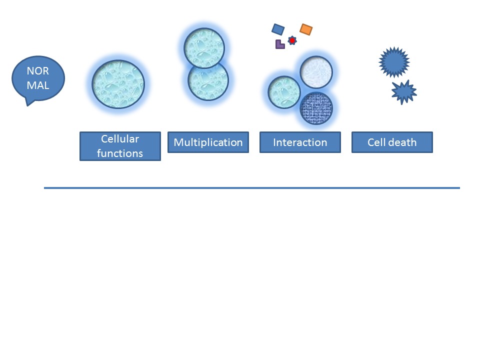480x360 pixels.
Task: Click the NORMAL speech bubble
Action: pyautogui.click(x=38, y=79)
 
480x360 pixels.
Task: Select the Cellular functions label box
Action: pyautogui.click(x=120, y=146)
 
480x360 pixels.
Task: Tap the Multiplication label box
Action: pyautogui.click(x=208, y=142)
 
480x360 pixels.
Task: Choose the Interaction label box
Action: pyautogui.click(x=300, y=142)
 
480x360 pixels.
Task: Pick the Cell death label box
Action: pyautogui.click(x=392, y=142)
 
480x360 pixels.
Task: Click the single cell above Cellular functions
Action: pyautogui.click(x=118, y=84)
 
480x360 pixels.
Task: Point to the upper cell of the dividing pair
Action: pyautogui.click(x=204, y=48)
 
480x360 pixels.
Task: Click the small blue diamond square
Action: pyautogui.click(x=278, y=29)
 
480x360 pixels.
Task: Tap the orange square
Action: pyautogui.click(x=306, y=29)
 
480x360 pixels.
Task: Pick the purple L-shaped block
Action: pyautogui.click(x=279, y=45)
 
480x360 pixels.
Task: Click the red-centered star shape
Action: pyautogui.click(x=292, y=40)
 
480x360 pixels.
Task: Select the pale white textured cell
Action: pyautogui.click(x=316, y=72)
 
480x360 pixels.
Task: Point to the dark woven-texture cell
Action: pyautogui.click(x=316, y=108)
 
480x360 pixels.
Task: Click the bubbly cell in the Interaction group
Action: pyautogui.click(x=284, y=92)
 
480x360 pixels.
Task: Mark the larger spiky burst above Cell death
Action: pyautogui.click(x=394, y=62)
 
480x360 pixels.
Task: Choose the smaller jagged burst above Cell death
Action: pyautogui.click(x=404, y=92)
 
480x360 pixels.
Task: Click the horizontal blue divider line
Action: pyautogui.click(x=252, y=188)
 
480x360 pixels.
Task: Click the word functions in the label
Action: pyautogui.click(x=120, y=153)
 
